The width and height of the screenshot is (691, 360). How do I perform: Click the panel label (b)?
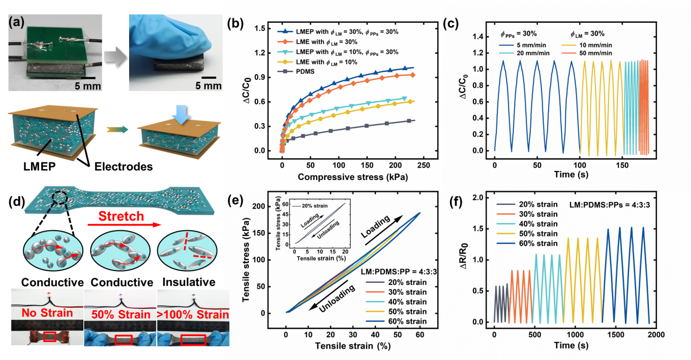click(238, 24)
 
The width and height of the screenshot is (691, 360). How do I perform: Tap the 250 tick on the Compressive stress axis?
click(424, 165)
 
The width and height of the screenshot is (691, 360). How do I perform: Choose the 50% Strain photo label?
click(119, 313)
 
